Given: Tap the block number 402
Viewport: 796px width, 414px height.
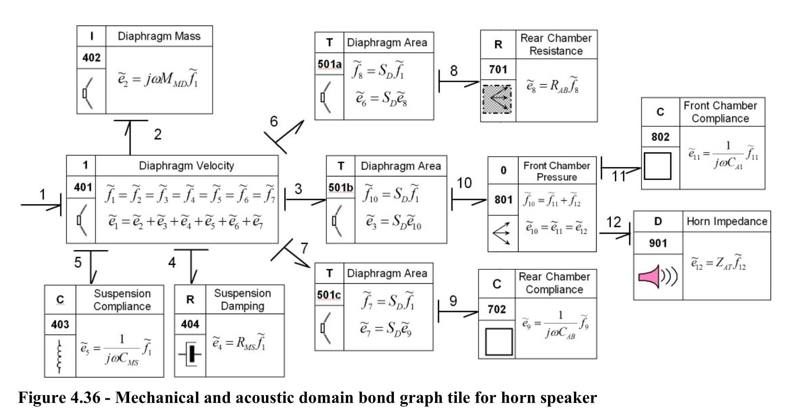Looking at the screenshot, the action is click(91, 58).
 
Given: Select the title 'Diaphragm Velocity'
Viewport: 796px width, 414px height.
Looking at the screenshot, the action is click(186, 166).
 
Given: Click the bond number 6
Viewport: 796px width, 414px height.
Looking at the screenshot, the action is click(274, 121).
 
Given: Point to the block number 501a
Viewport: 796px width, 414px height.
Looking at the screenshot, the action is click(329, 64).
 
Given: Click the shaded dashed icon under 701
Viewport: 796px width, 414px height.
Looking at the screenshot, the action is click(497, 99).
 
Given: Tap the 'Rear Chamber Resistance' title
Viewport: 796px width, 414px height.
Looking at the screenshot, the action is click(556, 44).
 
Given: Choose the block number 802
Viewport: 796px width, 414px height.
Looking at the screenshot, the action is click(660, 137).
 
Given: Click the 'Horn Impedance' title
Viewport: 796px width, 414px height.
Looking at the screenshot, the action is click(727, 222).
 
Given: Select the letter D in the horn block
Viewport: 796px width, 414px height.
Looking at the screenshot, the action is click(658, 222).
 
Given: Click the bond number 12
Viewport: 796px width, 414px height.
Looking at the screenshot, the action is click(613, 222).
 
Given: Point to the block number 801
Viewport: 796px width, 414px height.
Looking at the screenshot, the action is click(503, 200).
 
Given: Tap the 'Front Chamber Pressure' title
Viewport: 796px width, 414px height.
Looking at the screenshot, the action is click(557, 171).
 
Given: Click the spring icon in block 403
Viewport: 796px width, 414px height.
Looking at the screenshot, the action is click(60, 356).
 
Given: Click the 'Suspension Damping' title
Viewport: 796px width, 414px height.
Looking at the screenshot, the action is click(243, 299).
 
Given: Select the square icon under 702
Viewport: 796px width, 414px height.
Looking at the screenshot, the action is click(499, 342).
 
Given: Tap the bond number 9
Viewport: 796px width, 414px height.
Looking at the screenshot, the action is click(453, 301).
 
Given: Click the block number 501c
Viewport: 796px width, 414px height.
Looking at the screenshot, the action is click(329, 295).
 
